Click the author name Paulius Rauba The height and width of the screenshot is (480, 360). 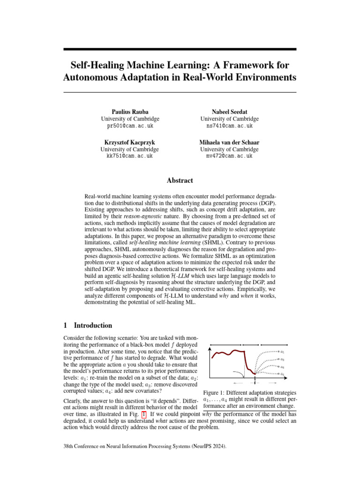[130, 112]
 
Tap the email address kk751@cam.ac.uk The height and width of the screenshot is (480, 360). [130, 156]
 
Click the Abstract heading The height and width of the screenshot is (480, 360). [180, 180]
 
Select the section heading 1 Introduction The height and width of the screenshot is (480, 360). [87, 325]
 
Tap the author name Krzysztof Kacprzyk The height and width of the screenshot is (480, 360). [130, 142]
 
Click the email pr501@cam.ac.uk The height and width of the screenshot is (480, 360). [130, 126]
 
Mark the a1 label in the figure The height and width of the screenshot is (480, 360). [282, 351]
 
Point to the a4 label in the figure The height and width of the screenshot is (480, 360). [282, 374]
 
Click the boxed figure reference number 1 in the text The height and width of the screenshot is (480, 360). [143, 415]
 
